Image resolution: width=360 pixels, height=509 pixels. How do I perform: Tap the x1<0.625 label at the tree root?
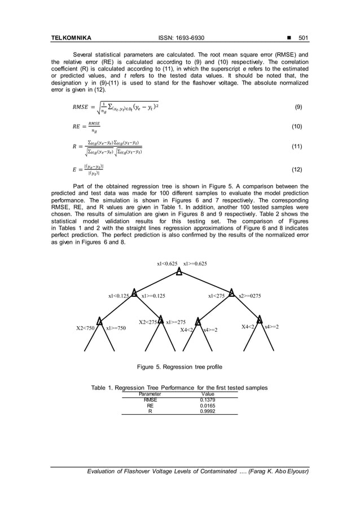168,264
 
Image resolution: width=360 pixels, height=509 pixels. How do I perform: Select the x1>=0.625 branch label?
195,264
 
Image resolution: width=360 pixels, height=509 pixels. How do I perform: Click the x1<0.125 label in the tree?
120,295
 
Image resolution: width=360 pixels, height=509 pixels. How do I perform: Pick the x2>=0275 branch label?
249,295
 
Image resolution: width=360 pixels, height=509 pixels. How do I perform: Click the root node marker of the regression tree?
179,272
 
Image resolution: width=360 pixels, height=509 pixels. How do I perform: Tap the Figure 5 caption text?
179,367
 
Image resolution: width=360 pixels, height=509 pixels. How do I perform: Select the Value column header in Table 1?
208,394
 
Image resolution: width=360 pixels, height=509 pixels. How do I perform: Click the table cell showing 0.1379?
208,400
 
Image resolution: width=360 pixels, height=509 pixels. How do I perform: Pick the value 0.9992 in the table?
208,411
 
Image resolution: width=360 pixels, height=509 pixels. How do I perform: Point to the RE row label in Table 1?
150,405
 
